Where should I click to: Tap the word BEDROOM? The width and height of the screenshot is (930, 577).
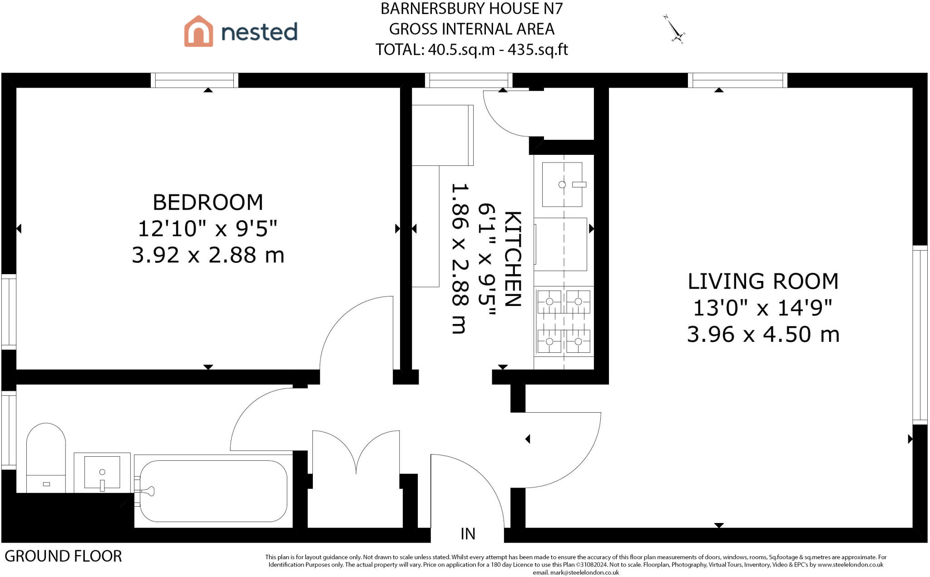[x=208, y=202]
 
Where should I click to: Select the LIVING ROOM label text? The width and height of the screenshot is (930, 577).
[x=763, y=281]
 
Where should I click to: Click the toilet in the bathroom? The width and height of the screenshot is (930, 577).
[x=46, y=458]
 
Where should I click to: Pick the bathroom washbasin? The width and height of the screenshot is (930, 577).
[x=102, y=473]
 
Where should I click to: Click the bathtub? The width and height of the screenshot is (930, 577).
[x=213, y=491]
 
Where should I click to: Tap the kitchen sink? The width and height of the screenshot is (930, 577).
[x=562, y=184]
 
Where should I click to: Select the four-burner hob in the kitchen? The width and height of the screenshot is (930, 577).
[x=564, y=322]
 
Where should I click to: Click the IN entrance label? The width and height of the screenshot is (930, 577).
[x=468, y=534]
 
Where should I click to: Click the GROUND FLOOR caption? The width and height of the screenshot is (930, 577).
[x=63, y=556]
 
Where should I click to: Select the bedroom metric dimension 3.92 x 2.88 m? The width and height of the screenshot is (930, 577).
[x=208, y=255]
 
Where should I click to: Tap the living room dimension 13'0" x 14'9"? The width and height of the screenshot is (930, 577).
[x=763, y=308]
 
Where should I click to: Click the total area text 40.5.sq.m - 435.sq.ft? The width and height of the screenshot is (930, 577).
[x=498, y=49]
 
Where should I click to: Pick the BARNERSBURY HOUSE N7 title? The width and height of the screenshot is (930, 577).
[x=472, y=9]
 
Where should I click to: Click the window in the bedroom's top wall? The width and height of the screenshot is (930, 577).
[x=194, y=80]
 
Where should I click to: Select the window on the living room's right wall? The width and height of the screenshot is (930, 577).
[x=920, y=335]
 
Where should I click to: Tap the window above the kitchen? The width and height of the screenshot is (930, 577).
[x=469, y=80]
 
